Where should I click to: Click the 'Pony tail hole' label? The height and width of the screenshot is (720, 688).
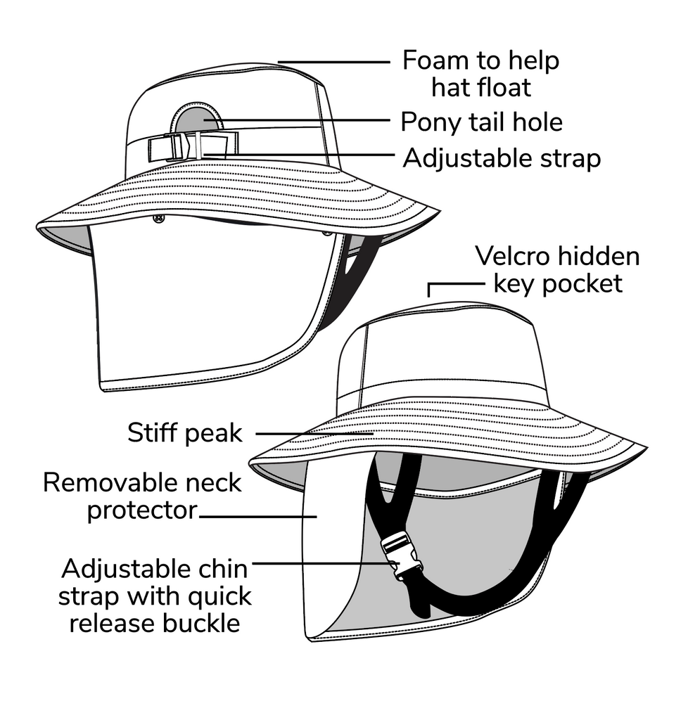point(481,122)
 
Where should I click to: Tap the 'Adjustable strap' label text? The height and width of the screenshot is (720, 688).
point(502,158)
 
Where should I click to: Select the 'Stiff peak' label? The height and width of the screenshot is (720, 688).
point(184,433)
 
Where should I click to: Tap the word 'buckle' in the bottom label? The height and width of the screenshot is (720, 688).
point(205,623)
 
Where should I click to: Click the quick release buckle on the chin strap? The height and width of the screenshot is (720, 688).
point(398,555)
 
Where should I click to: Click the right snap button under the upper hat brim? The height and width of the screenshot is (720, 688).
point(326,232)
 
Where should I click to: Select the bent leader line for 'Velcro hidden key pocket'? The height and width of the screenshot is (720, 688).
point(450,283)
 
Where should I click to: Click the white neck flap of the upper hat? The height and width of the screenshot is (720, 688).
point(211,309)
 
